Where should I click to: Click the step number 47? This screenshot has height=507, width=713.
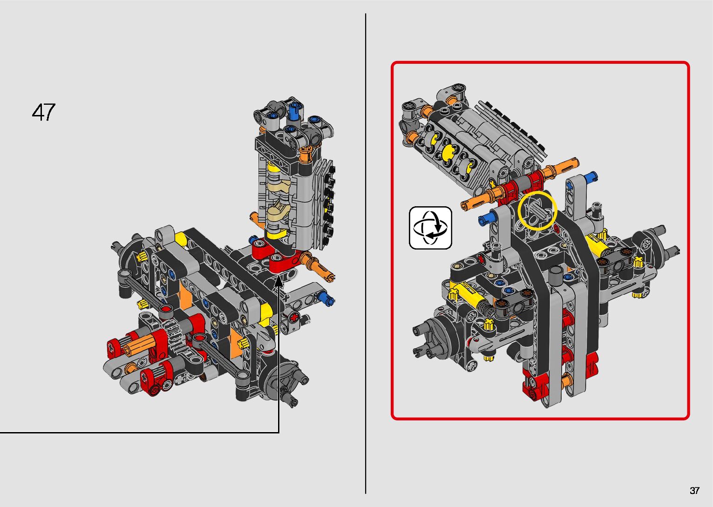(44, 112)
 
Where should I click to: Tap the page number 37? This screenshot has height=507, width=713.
(694, 490)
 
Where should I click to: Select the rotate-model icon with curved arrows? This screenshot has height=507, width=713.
(430, 228)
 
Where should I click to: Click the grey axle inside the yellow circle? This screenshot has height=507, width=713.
(539, 213)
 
